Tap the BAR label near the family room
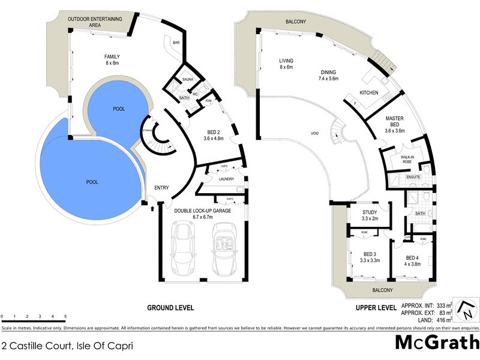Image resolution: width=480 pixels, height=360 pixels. (x=176, y=43)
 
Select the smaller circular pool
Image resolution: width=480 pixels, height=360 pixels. (x=118, y=110)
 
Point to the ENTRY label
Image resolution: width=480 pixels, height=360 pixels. (x=162, y=188)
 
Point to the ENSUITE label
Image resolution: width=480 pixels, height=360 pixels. (x=413, y=177)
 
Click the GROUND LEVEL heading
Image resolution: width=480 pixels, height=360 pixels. (x=170, y=308)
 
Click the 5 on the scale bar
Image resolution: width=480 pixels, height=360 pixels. (x=65, y=316)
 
